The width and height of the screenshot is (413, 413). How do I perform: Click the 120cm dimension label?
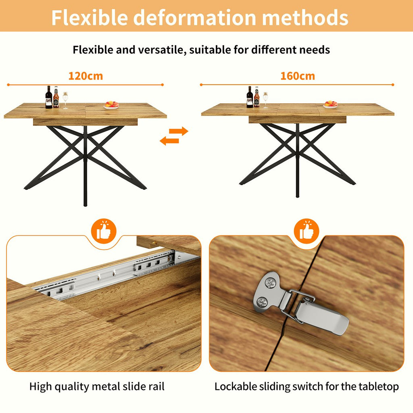(86, 76)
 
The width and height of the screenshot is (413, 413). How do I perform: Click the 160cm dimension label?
(298, 76)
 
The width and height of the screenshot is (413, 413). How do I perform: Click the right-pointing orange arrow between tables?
(179, 131)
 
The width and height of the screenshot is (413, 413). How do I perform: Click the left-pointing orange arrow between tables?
(169, 140)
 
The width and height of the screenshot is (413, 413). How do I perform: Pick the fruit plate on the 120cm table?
(111, 105)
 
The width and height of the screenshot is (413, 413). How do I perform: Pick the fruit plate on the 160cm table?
(330, 104)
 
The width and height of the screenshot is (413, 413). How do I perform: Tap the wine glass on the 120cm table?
(65, 100)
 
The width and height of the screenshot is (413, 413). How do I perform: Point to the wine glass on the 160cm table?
(265, 100)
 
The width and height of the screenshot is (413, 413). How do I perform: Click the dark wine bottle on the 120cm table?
(49, 98)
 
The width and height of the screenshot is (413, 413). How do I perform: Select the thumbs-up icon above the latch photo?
(309, 231)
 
